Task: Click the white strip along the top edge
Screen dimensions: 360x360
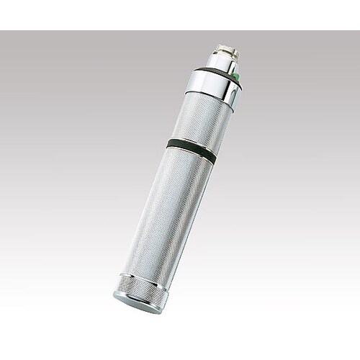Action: coord(180,14)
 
